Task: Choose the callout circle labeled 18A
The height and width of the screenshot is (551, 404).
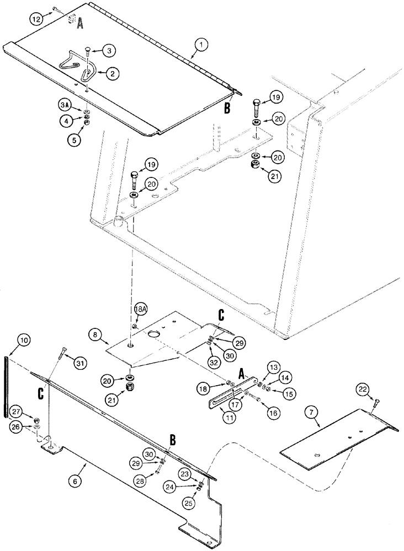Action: tap(140, 310)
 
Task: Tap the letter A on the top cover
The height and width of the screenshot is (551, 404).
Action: tap(80, 23)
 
